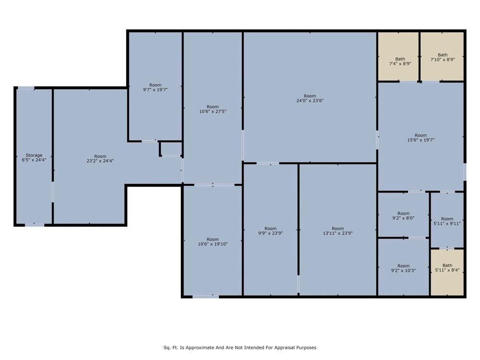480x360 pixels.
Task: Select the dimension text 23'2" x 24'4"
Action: (100, 161)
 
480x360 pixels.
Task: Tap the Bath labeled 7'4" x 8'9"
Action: (400, 61)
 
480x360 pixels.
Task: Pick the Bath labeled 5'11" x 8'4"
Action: (447, 268)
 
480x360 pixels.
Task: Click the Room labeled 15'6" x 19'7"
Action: (420, 137)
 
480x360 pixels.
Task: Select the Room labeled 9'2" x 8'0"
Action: (403, 216)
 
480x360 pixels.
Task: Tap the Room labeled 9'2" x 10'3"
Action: (403, 268)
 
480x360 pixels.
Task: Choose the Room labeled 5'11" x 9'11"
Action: (447, 221)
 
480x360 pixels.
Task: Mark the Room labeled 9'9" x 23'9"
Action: (270, 231)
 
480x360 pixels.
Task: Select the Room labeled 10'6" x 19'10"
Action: (212, 241)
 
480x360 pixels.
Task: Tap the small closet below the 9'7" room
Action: (171, 148)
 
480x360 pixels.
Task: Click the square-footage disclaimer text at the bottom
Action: (240, 348)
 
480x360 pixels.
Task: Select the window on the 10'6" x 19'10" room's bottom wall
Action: (205, 297)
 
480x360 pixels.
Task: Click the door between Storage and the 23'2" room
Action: (52, 191)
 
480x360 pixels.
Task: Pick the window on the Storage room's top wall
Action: (26, 88)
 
